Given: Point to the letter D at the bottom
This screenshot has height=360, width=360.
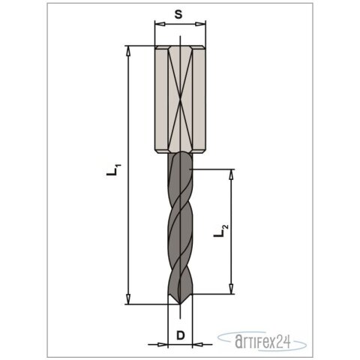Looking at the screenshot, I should [180, 334].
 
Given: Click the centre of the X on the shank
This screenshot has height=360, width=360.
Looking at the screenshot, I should [180, 100].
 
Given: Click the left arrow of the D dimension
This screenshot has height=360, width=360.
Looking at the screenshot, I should [164, 345].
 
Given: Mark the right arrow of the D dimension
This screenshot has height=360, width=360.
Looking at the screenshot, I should [196, 345].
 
